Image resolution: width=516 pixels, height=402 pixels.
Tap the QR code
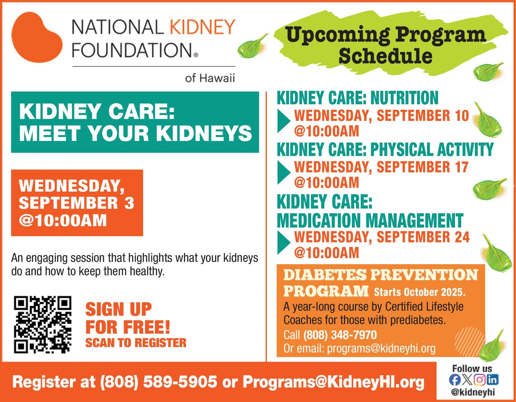click(43, 325)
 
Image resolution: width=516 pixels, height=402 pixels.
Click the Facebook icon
click(454, 380)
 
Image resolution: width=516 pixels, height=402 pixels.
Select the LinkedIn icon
click(492, 380)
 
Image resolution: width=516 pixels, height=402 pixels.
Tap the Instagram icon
click(480, 380)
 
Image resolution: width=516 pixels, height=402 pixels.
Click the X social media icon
click(467, 380)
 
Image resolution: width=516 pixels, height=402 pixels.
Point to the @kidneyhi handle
click(473, 392)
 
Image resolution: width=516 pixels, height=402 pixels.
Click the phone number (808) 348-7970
click(340, 335)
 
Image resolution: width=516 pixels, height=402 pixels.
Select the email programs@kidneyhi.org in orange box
click(382, 348)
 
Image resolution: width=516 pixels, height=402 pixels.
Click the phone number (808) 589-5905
click(159, 382)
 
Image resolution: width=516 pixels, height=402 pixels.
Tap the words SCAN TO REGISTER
click(136, 343)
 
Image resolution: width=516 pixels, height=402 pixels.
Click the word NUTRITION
click(404, 98)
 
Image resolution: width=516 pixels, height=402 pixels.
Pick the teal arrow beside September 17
click(284, 173)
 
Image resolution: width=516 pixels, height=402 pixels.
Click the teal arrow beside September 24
click(284, 243)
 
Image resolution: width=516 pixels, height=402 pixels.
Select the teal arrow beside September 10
click(284, 121)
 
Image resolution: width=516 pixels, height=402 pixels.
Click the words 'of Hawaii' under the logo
click(210, 78)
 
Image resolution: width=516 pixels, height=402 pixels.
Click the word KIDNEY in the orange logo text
click(203, 27)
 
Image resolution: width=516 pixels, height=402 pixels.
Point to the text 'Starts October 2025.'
click(420, 292)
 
